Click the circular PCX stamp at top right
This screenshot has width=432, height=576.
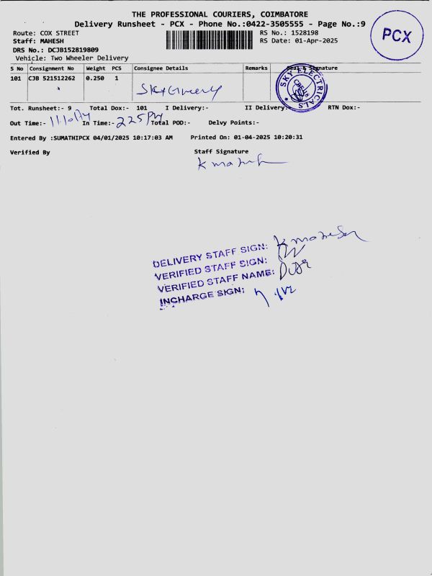coord(397,35)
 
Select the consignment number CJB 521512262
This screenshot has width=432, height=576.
coord(51,77)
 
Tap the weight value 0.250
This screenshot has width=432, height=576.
coord(95,77)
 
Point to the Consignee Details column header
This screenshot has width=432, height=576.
coord(161,68)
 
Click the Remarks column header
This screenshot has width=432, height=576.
coord(256,68)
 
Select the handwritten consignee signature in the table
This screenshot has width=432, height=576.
coord(180,90)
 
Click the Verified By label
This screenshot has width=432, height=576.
coord(30,153)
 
